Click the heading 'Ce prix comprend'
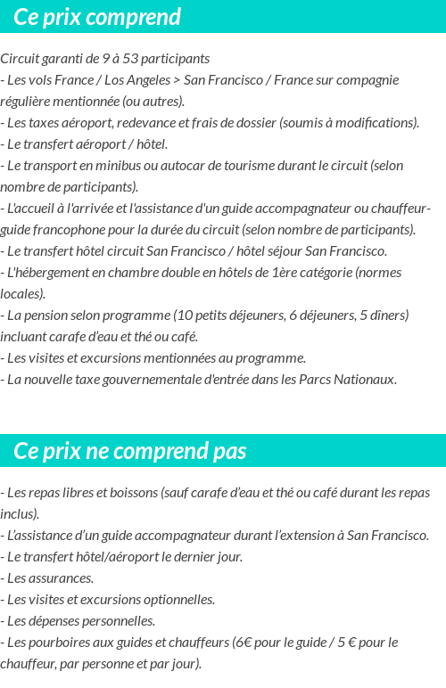(x=97, y=17)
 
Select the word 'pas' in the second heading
(x=229, y=451)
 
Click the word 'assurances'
(x=60, y=578)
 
